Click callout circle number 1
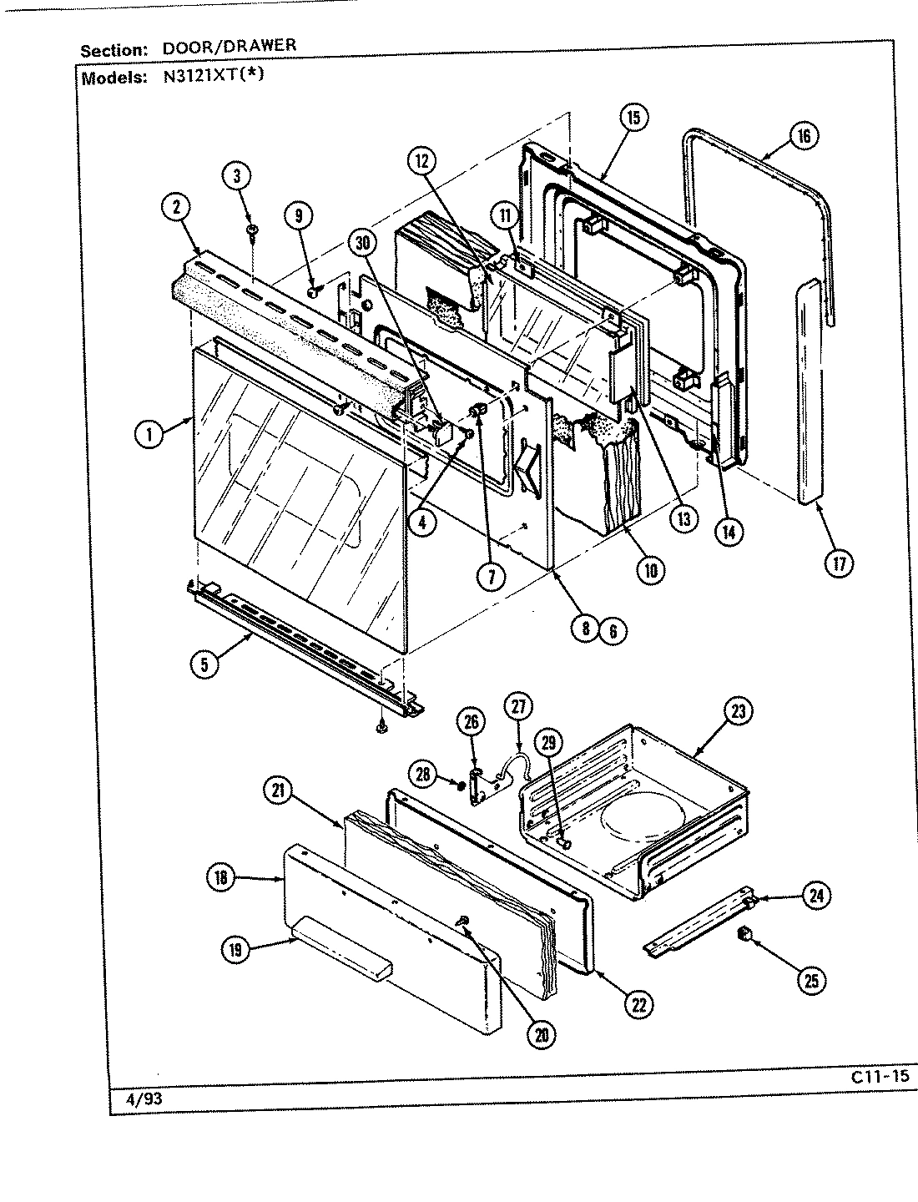coord(149,433)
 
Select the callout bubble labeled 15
coord(633,118)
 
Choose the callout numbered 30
coord(363,243)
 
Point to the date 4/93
coord(144,1099)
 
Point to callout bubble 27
coord(517,707)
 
